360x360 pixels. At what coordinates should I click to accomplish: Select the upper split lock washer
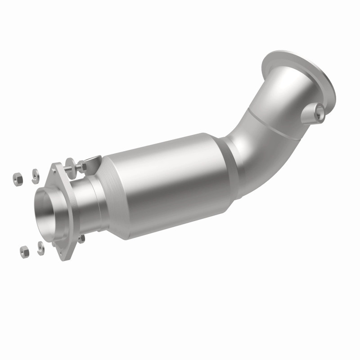35,176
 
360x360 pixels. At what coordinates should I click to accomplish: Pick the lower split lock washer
40,248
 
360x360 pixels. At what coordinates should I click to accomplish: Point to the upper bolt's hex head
83,166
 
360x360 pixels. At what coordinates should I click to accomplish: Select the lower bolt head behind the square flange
81,239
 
